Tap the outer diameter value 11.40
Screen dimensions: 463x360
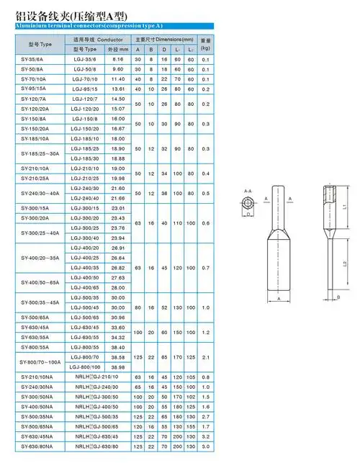point(118,78)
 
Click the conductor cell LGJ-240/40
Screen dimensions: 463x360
point(85,197)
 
